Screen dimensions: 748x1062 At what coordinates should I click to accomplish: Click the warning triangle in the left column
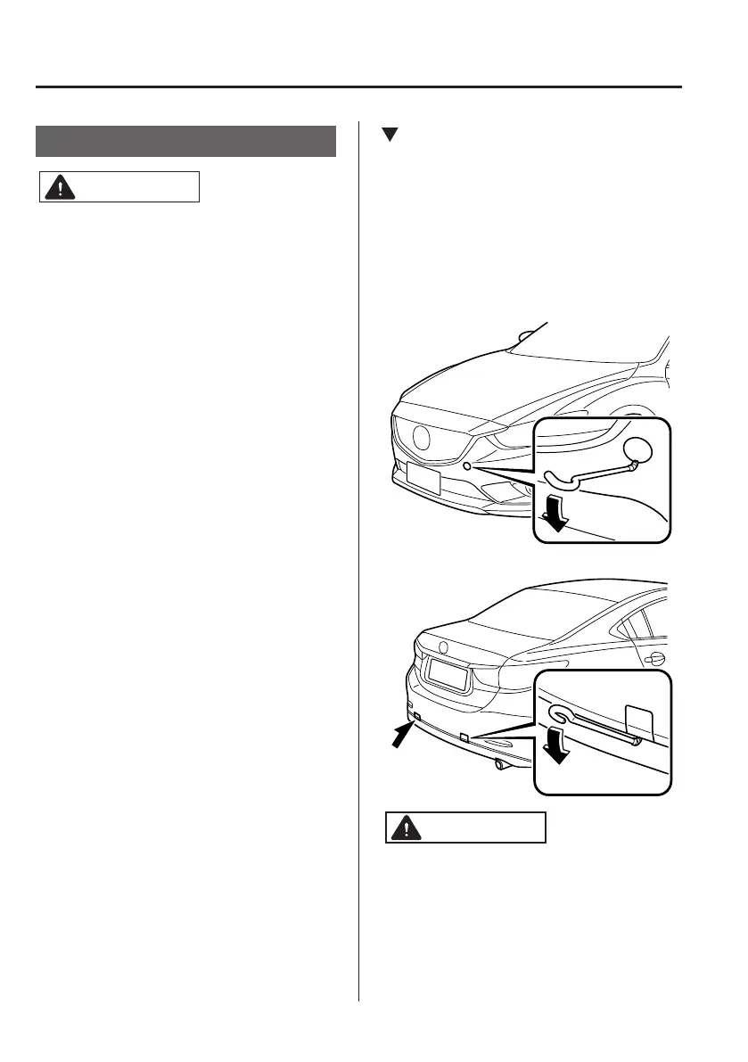point(58,188)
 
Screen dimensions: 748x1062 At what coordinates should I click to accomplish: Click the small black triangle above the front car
point(389,136)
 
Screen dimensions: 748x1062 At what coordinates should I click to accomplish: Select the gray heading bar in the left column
point(186,142)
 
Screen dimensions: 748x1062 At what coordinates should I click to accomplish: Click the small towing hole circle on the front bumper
point(467,465)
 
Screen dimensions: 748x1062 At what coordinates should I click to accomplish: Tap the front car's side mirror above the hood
point(526,337)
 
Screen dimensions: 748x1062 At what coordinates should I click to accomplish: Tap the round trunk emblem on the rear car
point(443,646)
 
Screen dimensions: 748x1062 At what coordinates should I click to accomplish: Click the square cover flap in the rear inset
point(640,721)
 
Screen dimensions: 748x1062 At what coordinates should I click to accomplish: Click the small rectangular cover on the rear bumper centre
point(464,737)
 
